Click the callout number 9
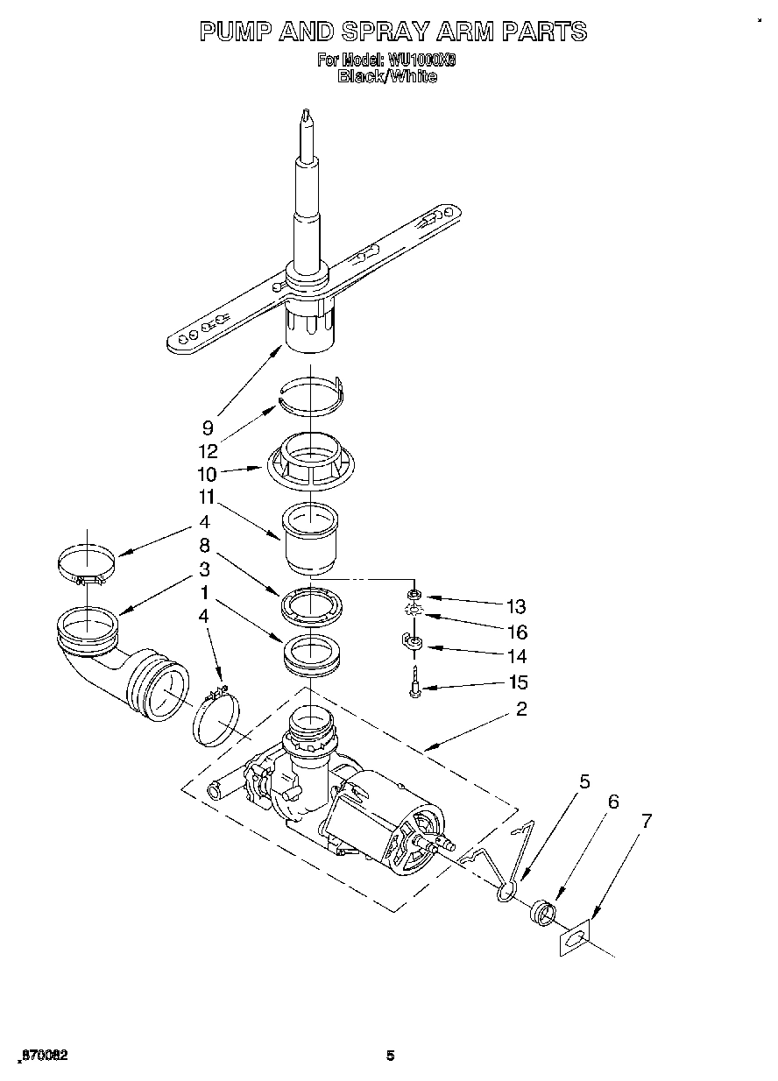point(208,427)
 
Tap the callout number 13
point(516,606)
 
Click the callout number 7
point(647,821)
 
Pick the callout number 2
point(521,709)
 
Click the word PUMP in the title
point(236,32)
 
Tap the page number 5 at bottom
point(391,1056)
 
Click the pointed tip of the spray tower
point(306,114)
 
